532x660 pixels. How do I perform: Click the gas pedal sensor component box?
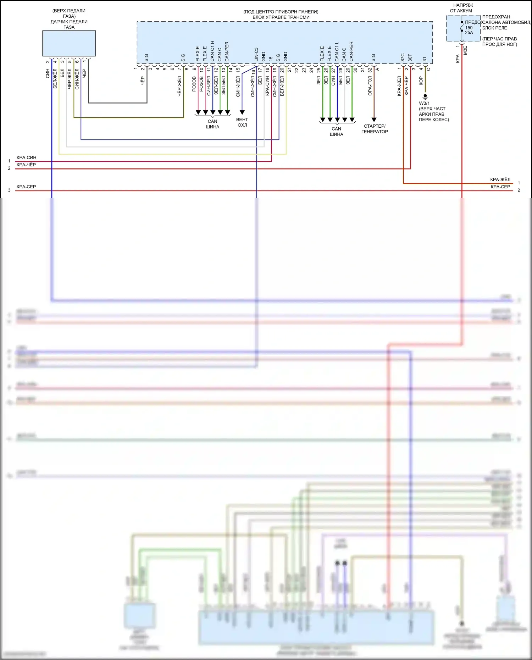click(x=69, y=43)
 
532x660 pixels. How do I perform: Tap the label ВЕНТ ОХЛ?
click(x=242, y=122)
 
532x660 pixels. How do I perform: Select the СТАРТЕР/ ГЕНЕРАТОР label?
click(x=375, y=129)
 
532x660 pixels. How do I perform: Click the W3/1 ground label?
click(x=424, y=103)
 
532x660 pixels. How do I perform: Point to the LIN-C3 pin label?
click(x=256, y=55)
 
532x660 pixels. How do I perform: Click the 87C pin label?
click(x=403, y=57)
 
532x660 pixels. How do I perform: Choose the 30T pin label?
click(x=410, y=57)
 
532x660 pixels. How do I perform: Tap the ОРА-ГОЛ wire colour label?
click(x=370, y=86)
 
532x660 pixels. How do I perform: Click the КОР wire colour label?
click(x=421, y=81)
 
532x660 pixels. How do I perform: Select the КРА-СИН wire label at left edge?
click(x=26, y=157)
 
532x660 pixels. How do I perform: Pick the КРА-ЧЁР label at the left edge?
click(x=26, y=165)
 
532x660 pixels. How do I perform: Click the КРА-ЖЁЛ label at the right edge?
click(x=500, y=179)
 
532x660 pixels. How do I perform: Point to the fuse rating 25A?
click(x=469, y=33)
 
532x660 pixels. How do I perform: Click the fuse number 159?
click(x=469, y=28)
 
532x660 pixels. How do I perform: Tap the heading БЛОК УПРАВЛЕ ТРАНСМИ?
click(x=281, y=17)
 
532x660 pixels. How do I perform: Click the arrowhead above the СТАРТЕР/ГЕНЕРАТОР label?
click(x=374, y=120)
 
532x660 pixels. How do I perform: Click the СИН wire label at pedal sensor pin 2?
click(x=48, y=74)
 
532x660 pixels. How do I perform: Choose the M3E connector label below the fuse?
click(x=465, y=50)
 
